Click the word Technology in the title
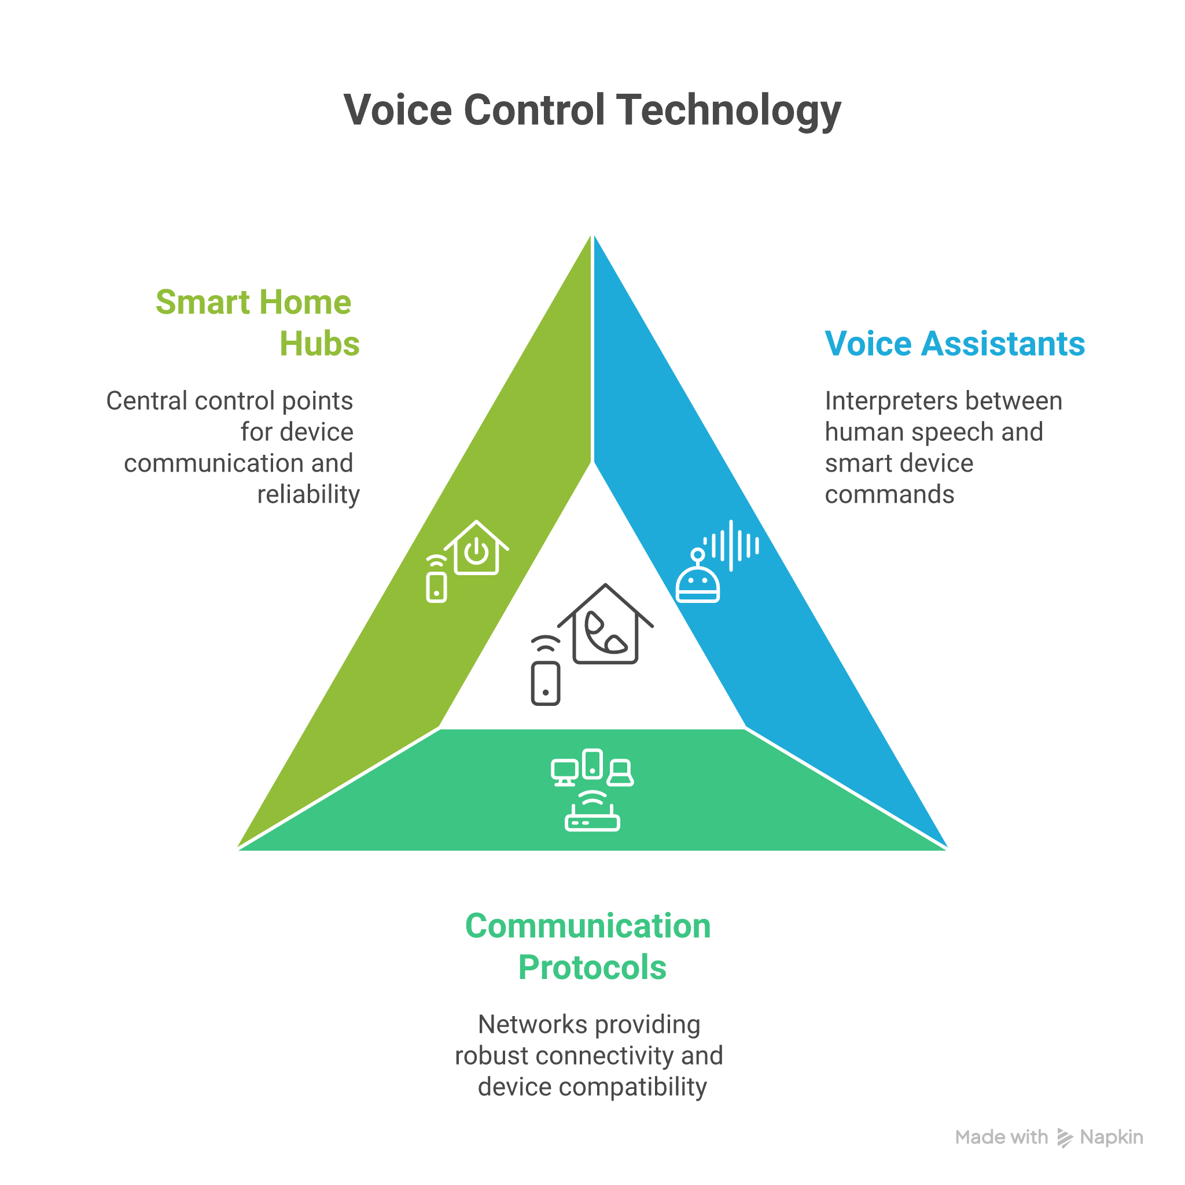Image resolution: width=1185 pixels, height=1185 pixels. click(728, 112)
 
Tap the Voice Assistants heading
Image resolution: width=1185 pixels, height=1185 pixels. click(954, 344)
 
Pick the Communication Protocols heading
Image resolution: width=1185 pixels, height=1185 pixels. click(589, 947)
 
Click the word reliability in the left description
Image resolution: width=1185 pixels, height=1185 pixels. click(308, 494)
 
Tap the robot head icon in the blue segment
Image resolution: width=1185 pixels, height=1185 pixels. click(697, 583)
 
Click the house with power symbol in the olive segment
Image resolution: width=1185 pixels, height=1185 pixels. click(477, 549)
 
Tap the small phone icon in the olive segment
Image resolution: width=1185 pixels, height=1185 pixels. click(436, 586)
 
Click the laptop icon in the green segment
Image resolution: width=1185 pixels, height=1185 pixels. click(621, 773)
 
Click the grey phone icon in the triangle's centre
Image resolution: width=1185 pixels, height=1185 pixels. click(545, 683)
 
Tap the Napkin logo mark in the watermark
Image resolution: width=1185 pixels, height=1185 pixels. click(1065, 1138)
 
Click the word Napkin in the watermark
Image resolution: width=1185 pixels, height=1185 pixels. click(1112, 1138)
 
